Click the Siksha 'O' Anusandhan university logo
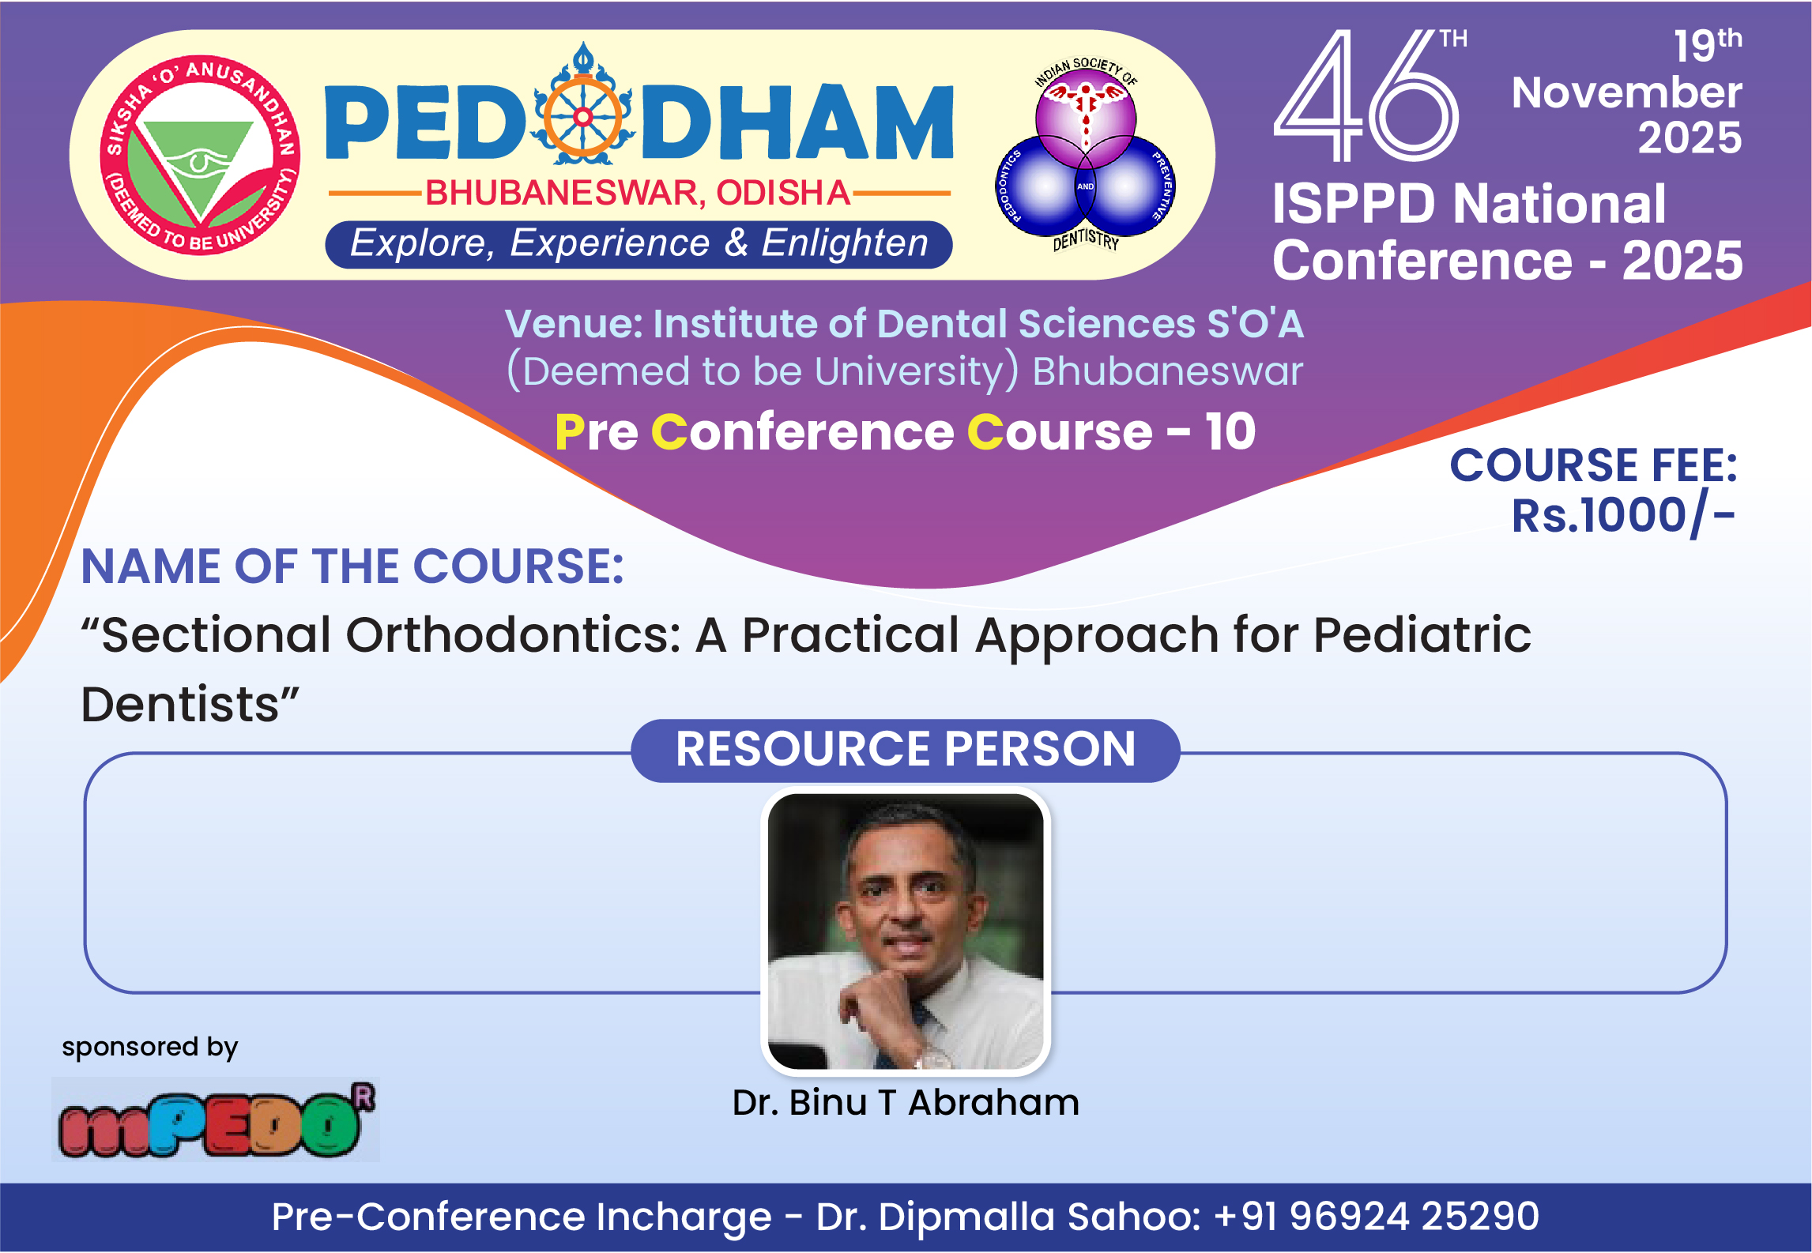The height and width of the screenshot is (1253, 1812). pos(200,156)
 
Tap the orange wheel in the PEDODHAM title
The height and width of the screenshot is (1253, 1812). pos(583,118)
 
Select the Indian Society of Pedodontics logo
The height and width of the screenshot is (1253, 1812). pos(1086,153)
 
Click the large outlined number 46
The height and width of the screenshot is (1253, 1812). pos(1366,96)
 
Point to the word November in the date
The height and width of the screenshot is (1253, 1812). pos(1626,92)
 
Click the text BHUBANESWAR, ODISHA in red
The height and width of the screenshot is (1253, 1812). pos(638,193)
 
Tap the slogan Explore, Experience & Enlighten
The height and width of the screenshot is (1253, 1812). pos(639,243)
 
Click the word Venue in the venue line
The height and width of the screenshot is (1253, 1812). pos(574,324)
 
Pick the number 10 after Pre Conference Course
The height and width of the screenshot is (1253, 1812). pos(1230,431)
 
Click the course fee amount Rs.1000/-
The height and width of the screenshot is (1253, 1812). pos(1623,516)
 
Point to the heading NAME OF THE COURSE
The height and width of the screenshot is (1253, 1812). pos(352,566)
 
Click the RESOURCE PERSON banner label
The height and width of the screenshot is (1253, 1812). pos(906,749)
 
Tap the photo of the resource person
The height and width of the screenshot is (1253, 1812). pos(906,931)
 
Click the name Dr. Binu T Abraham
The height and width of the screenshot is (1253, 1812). pos(906,1102)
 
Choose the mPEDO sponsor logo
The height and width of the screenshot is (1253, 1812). pos(216,1119)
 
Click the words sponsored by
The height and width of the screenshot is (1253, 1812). pos(150,1048)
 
